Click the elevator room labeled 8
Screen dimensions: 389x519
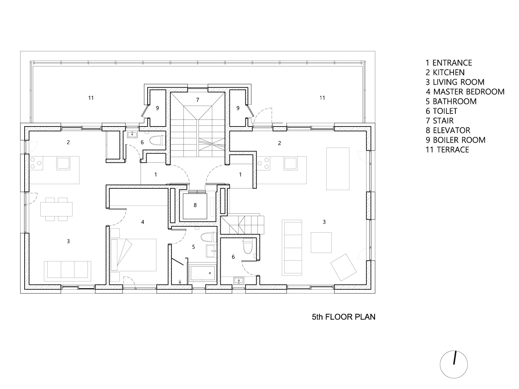[x=195, y=205]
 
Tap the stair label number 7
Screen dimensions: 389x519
[x=197, y=100]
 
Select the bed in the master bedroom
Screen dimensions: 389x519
[x=134, y=255]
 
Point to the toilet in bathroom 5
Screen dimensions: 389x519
[x=208, y=237]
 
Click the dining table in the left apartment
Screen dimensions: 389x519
[x=57, y=209]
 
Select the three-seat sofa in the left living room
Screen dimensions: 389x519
[x=67, y=271]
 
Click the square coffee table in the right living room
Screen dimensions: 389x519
[x=321, y=242]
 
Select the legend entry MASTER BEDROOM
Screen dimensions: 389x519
[x=465, y=92]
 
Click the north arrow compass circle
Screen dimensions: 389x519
[x=454, y=364]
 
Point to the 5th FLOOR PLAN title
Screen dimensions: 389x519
[x=343, y=317]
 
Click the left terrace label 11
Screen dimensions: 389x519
[x=91, y=98]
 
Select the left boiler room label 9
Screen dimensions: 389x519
[x=157, y=108]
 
